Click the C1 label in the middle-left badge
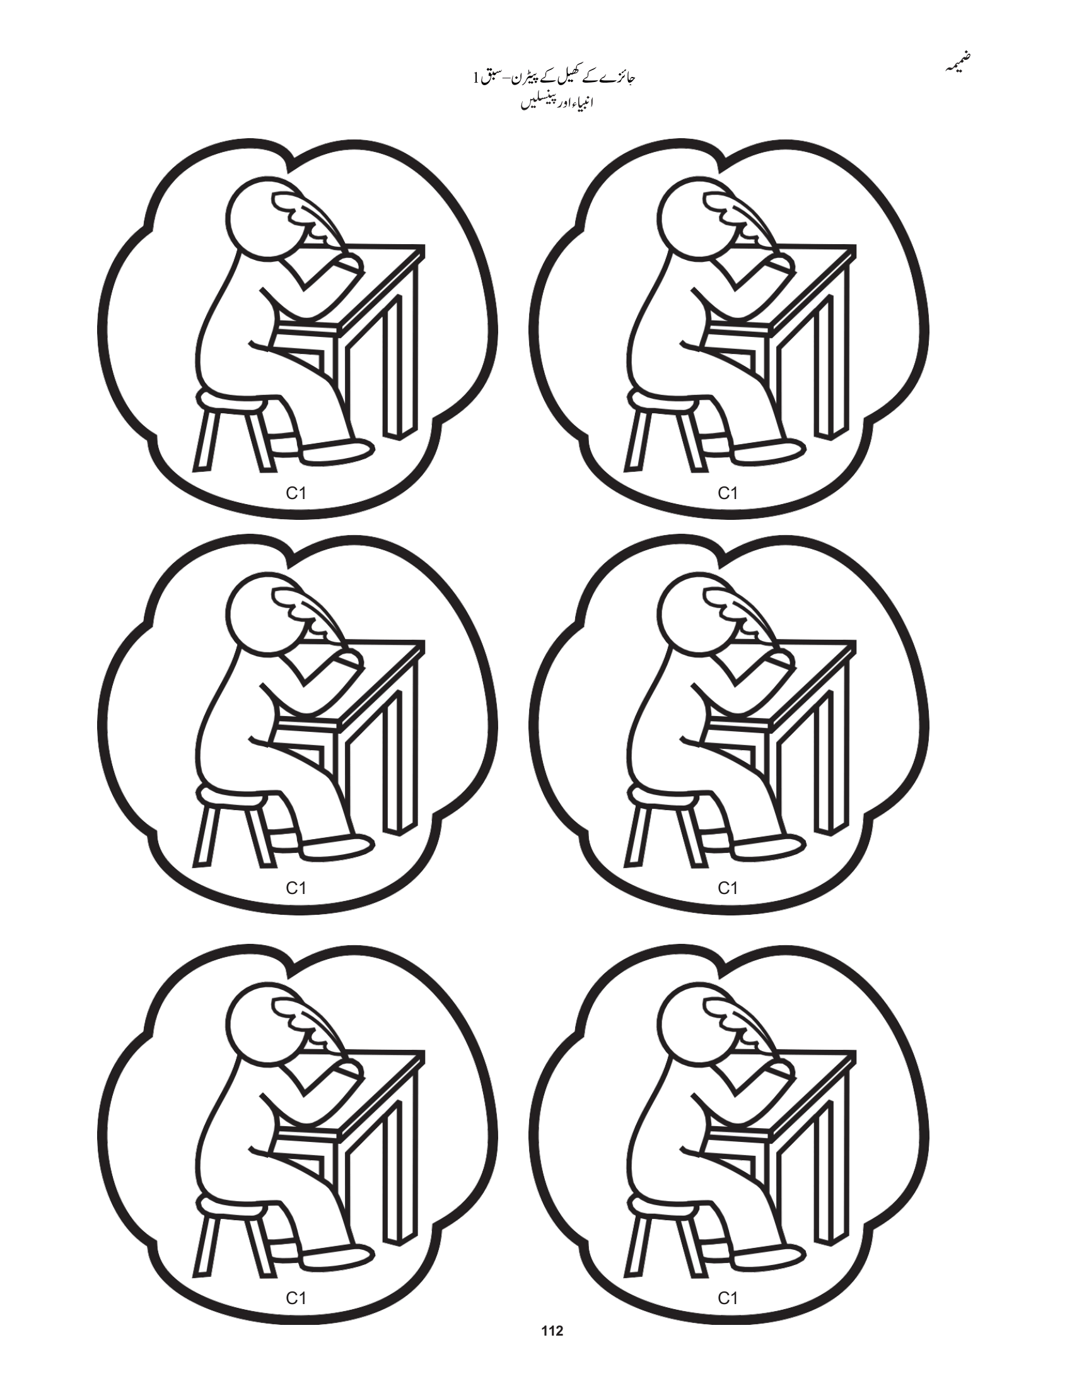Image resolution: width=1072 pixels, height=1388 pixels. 296,888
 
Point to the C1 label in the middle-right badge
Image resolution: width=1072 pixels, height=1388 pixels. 727,888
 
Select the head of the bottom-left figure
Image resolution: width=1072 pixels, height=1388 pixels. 260,1011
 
